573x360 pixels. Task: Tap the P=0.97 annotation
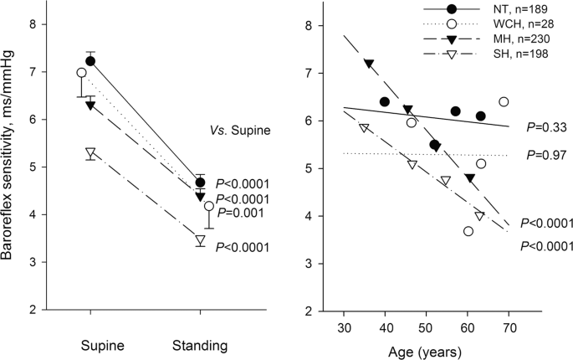(x=546, y=156)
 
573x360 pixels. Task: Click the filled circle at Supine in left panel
(x=90, y=61)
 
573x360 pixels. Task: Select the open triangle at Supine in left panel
(x=90, y=153)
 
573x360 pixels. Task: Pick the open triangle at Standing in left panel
(x=200, y=240)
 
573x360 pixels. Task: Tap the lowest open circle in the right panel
(x=468, y=231)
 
